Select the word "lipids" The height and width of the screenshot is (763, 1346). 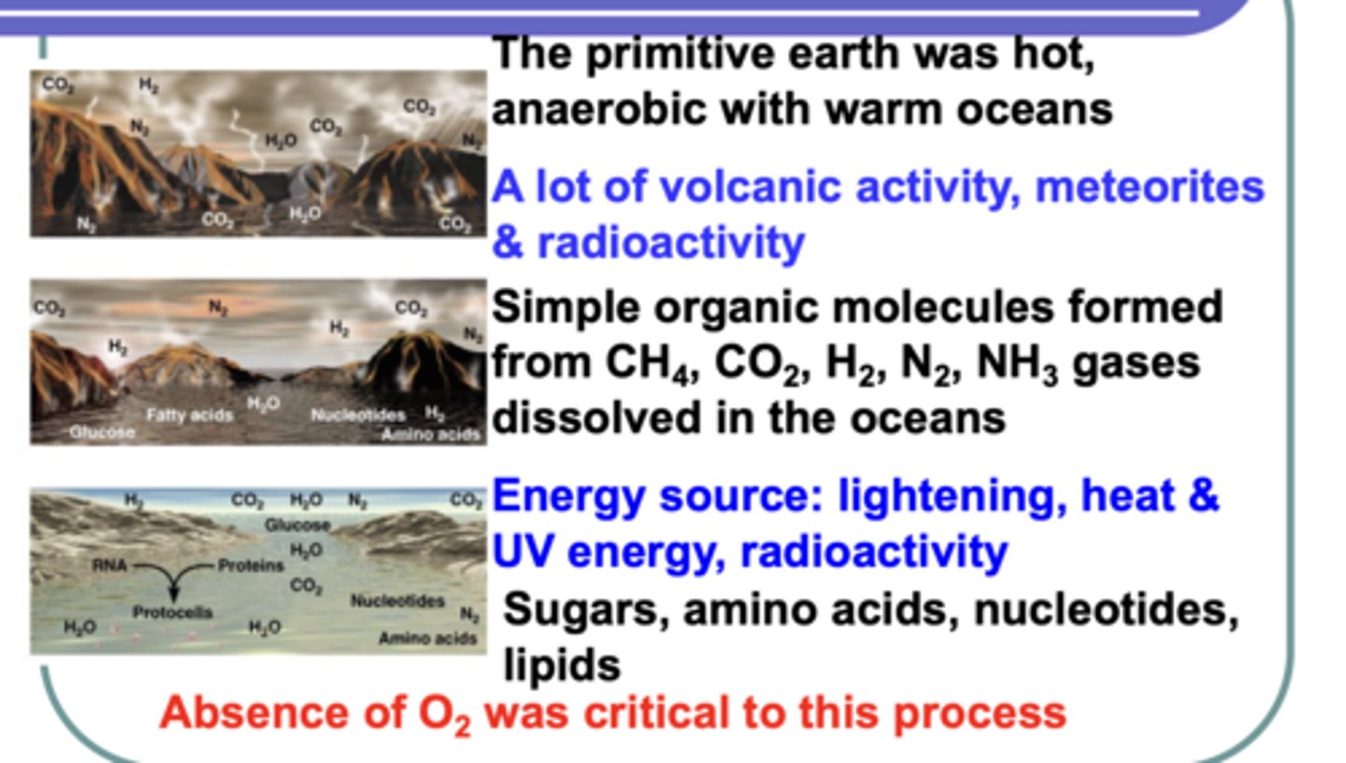pos(562,666)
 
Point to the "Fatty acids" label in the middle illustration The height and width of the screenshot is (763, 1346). pos(189,415)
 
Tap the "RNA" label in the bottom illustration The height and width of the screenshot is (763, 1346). pos(109,565)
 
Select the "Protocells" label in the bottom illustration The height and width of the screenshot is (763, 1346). pos(172,613)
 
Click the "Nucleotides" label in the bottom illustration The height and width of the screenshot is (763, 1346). pos(397,601)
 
